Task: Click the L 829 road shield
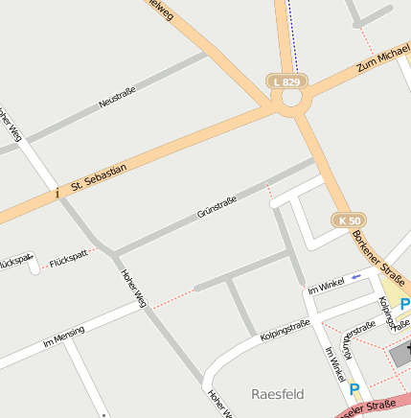(287, 82)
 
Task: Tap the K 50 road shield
(351, 220)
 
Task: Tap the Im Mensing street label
(64, 337)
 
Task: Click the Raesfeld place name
(277, 394)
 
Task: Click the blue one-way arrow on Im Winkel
(355, 277)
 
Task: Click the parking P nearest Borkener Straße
(404, 305)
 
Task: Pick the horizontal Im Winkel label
(326, 286)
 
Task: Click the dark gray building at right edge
(401, 355)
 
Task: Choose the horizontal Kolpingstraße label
(285, 331)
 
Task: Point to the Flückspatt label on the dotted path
(68, 256)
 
